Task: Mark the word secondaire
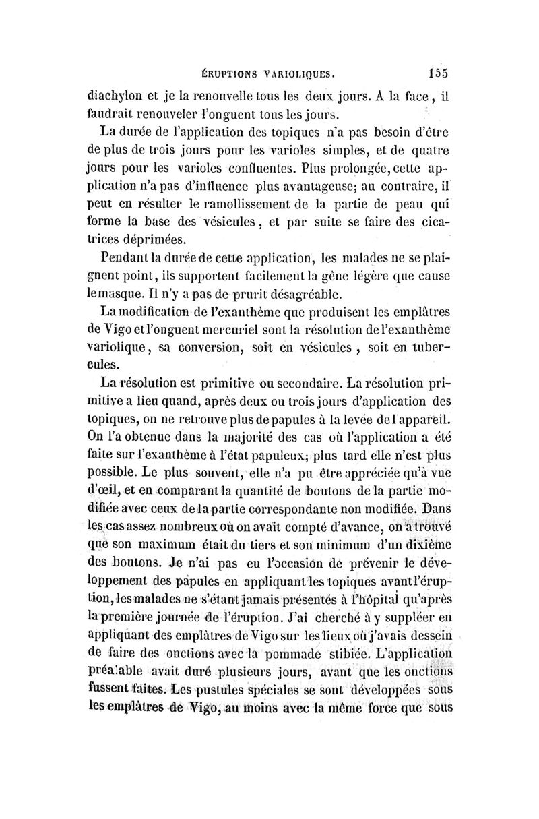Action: (300, 385)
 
